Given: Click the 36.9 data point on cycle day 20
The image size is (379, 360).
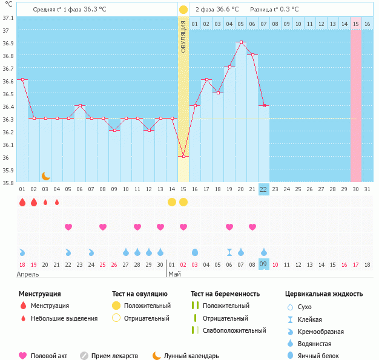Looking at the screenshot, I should (x=241, y=42).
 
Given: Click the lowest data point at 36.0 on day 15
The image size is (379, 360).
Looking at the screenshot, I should (x=183, y=156).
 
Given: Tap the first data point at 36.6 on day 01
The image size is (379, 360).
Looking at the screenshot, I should (x=22, y=80).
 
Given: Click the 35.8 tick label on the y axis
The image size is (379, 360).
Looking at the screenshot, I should (x=7, y=183).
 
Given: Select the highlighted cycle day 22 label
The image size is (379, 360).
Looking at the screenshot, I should (x=263, y=189).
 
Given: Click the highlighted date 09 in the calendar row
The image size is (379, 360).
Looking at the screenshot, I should (x=263, y=264).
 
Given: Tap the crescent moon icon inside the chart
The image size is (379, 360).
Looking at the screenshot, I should (x=45, y=176).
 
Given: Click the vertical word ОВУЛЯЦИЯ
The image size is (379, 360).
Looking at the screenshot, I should (x=183, y=36).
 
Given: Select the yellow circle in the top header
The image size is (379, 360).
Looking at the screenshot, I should (x=183, y=10).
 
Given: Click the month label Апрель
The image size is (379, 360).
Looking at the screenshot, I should (x=28, y=275).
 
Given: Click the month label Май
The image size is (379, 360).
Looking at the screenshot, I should (x=174, y=275).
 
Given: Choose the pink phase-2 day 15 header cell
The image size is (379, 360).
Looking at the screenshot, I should (x=356, y=24).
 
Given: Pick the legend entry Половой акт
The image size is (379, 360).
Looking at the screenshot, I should (x=43, y=356).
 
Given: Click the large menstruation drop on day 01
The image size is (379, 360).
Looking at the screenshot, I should (x=22, y=203).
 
